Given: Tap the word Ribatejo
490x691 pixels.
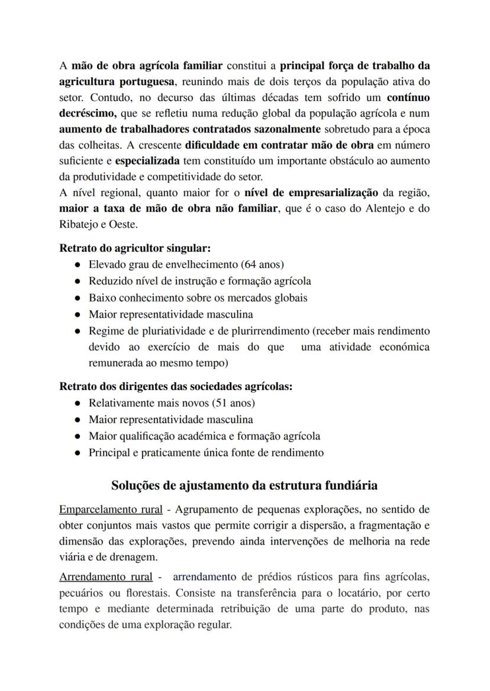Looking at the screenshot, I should (x=79, y=225).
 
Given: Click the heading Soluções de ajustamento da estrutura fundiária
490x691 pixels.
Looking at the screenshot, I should (x=244, y=485).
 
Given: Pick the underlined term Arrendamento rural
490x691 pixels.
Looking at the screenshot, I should (x=106, y=576).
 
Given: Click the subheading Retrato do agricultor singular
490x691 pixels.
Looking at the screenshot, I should (x=127, y=248).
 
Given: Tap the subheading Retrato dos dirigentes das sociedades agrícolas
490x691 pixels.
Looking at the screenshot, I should (x=176, y=387).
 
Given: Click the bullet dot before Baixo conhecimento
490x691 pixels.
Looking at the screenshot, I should (x=78, y=298).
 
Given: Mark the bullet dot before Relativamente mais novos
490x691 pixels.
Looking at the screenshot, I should (x=78, y=403).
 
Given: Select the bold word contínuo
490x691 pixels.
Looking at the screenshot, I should (x=408, y=97).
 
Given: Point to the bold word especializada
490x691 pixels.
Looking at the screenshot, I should (x=147, y=160).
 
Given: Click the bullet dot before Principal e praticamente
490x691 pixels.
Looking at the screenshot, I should (x=78, y=453).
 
